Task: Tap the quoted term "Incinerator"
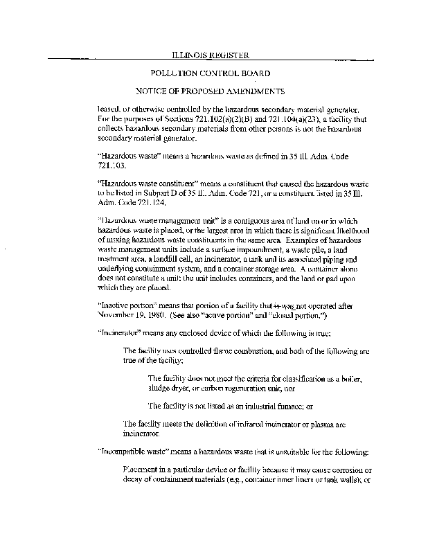[118, 332]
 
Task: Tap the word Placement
[142, 470]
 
